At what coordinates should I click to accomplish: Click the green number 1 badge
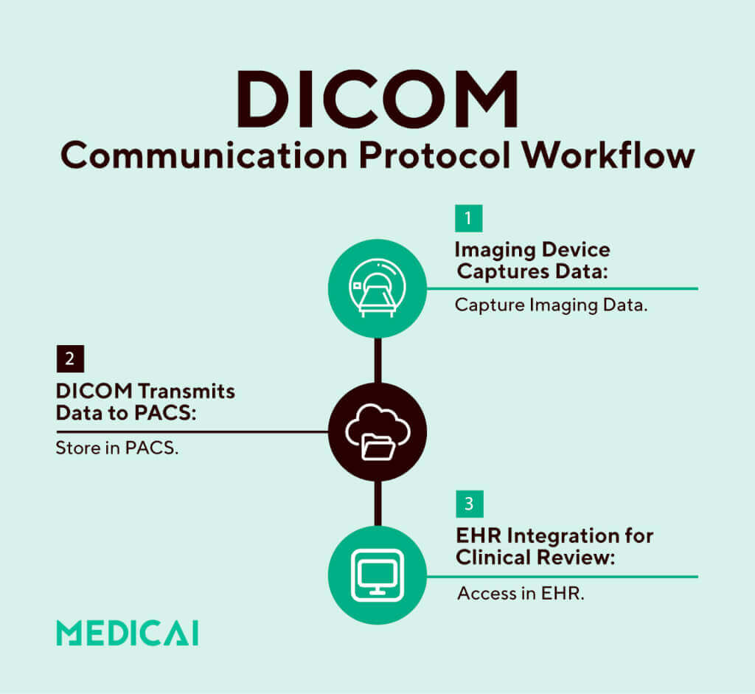tap(468, 218)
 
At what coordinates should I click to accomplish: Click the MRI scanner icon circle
tap(377, 288)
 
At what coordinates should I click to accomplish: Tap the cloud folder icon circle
tap(377, 432)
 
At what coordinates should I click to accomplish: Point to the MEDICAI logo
tap(127, 634)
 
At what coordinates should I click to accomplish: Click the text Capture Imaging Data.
tap(551, 305)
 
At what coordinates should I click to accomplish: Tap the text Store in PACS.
tap(117, 448)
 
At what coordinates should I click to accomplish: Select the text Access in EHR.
tap(521, 593)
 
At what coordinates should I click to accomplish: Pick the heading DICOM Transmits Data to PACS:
tap(145, 401)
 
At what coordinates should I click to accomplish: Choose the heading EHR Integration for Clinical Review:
tap(554, 546)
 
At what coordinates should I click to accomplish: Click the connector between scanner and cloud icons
tap(377, 360)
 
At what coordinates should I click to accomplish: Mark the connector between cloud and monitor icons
tap(377, 504)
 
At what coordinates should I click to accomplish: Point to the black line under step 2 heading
tap(192, 431)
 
